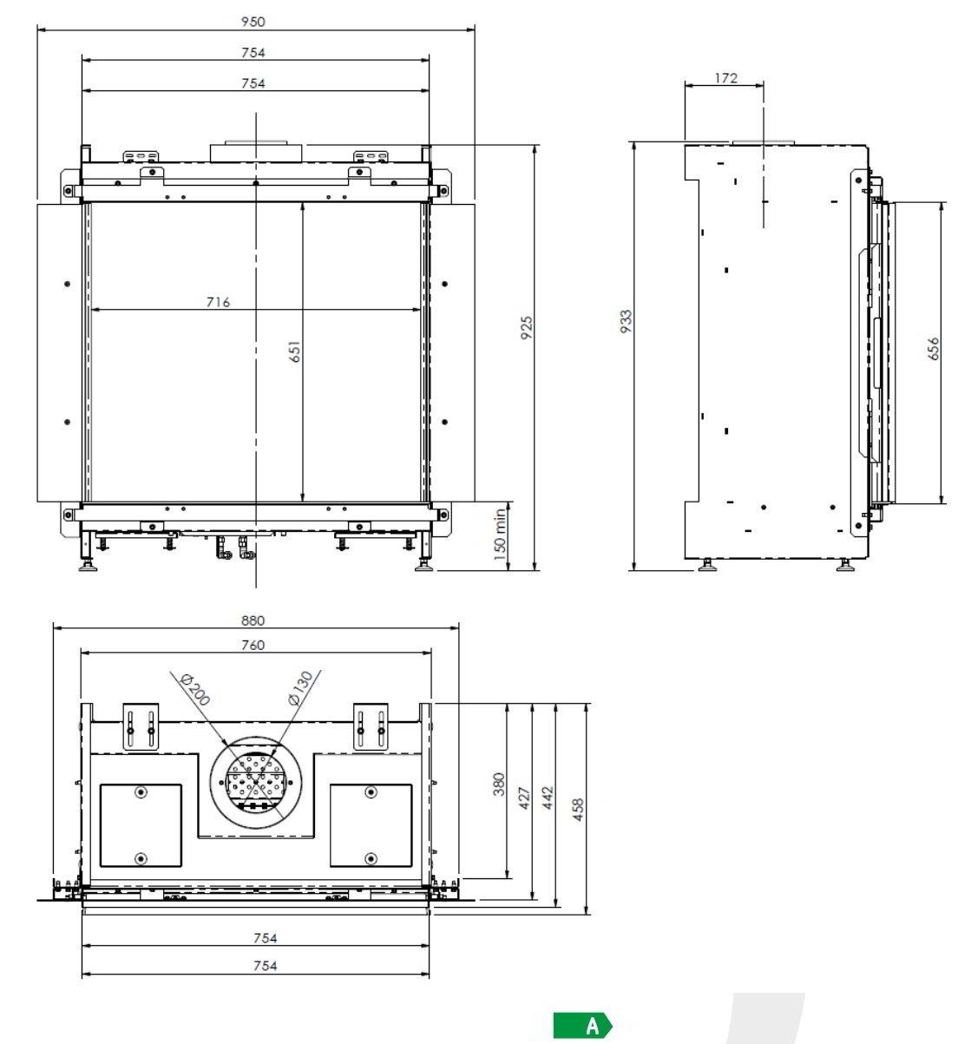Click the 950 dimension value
(x=253, y=22)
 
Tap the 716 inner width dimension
(x=218, y=302)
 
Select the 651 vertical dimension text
(x=294, y=351)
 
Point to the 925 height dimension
(x=527, y=328)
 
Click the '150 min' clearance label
(x=499, y=535)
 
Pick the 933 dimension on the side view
(x=626, y=321)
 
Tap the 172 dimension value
(x=726, y=78)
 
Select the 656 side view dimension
(x=934, y=349)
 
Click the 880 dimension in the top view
(x=253, y=620)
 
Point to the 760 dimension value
(x=253, y=645)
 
